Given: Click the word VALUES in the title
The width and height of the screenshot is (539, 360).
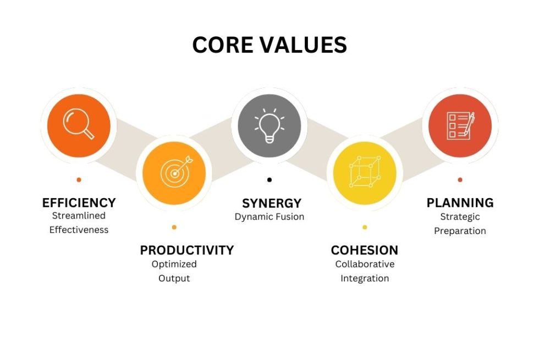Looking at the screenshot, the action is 303,45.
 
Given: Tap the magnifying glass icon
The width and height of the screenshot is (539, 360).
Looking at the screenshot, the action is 78,123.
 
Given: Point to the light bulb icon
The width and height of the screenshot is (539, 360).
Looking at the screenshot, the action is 269,126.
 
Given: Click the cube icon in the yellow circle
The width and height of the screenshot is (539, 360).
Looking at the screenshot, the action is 365,171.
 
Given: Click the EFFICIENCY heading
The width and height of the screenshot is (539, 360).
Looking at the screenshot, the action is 79,203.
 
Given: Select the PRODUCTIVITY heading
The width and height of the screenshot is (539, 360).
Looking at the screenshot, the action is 186,250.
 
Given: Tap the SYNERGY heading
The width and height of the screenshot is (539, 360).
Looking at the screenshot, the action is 272,204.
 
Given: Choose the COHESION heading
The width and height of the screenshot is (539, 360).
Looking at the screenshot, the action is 364,250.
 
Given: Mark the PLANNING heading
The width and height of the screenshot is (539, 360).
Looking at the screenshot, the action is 460,203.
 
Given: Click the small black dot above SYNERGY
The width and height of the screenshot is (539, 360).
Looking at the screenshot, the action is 269,179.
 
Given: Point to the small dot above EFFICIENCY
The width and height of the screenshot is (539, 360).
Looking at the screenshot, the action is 79,179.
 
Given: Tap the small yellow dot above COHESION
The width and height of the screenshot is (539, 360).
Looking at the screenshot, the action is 365,227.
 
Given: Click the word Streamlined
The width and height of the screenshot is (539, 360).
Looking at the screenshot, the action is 79,216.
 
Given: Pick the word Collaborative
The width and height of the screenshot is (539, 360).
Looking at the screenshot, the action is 365,264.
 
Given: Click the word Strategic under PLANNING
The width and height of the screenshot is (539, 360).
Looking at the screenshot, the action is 460,217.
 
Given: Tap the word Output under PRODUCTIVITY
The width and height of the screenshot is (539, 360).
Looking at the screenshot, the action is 174,279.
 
